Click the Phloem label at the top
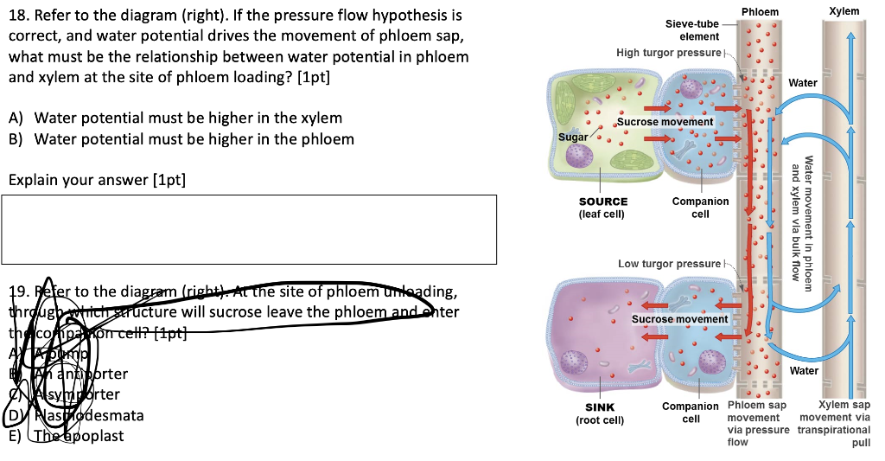point(760,11)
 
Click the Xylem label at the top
point(844,11)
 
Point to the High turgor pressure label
point(667,53)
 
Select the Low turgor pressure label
point(669,263)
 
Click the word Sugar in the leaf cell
point(573,138)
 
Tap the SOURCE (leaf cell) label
point(603,208)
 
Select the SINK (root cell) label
point(601,413)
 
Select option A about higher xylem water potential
point(187,118)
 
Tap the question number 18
point(18,16)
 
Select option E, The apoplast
point(78,435)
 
